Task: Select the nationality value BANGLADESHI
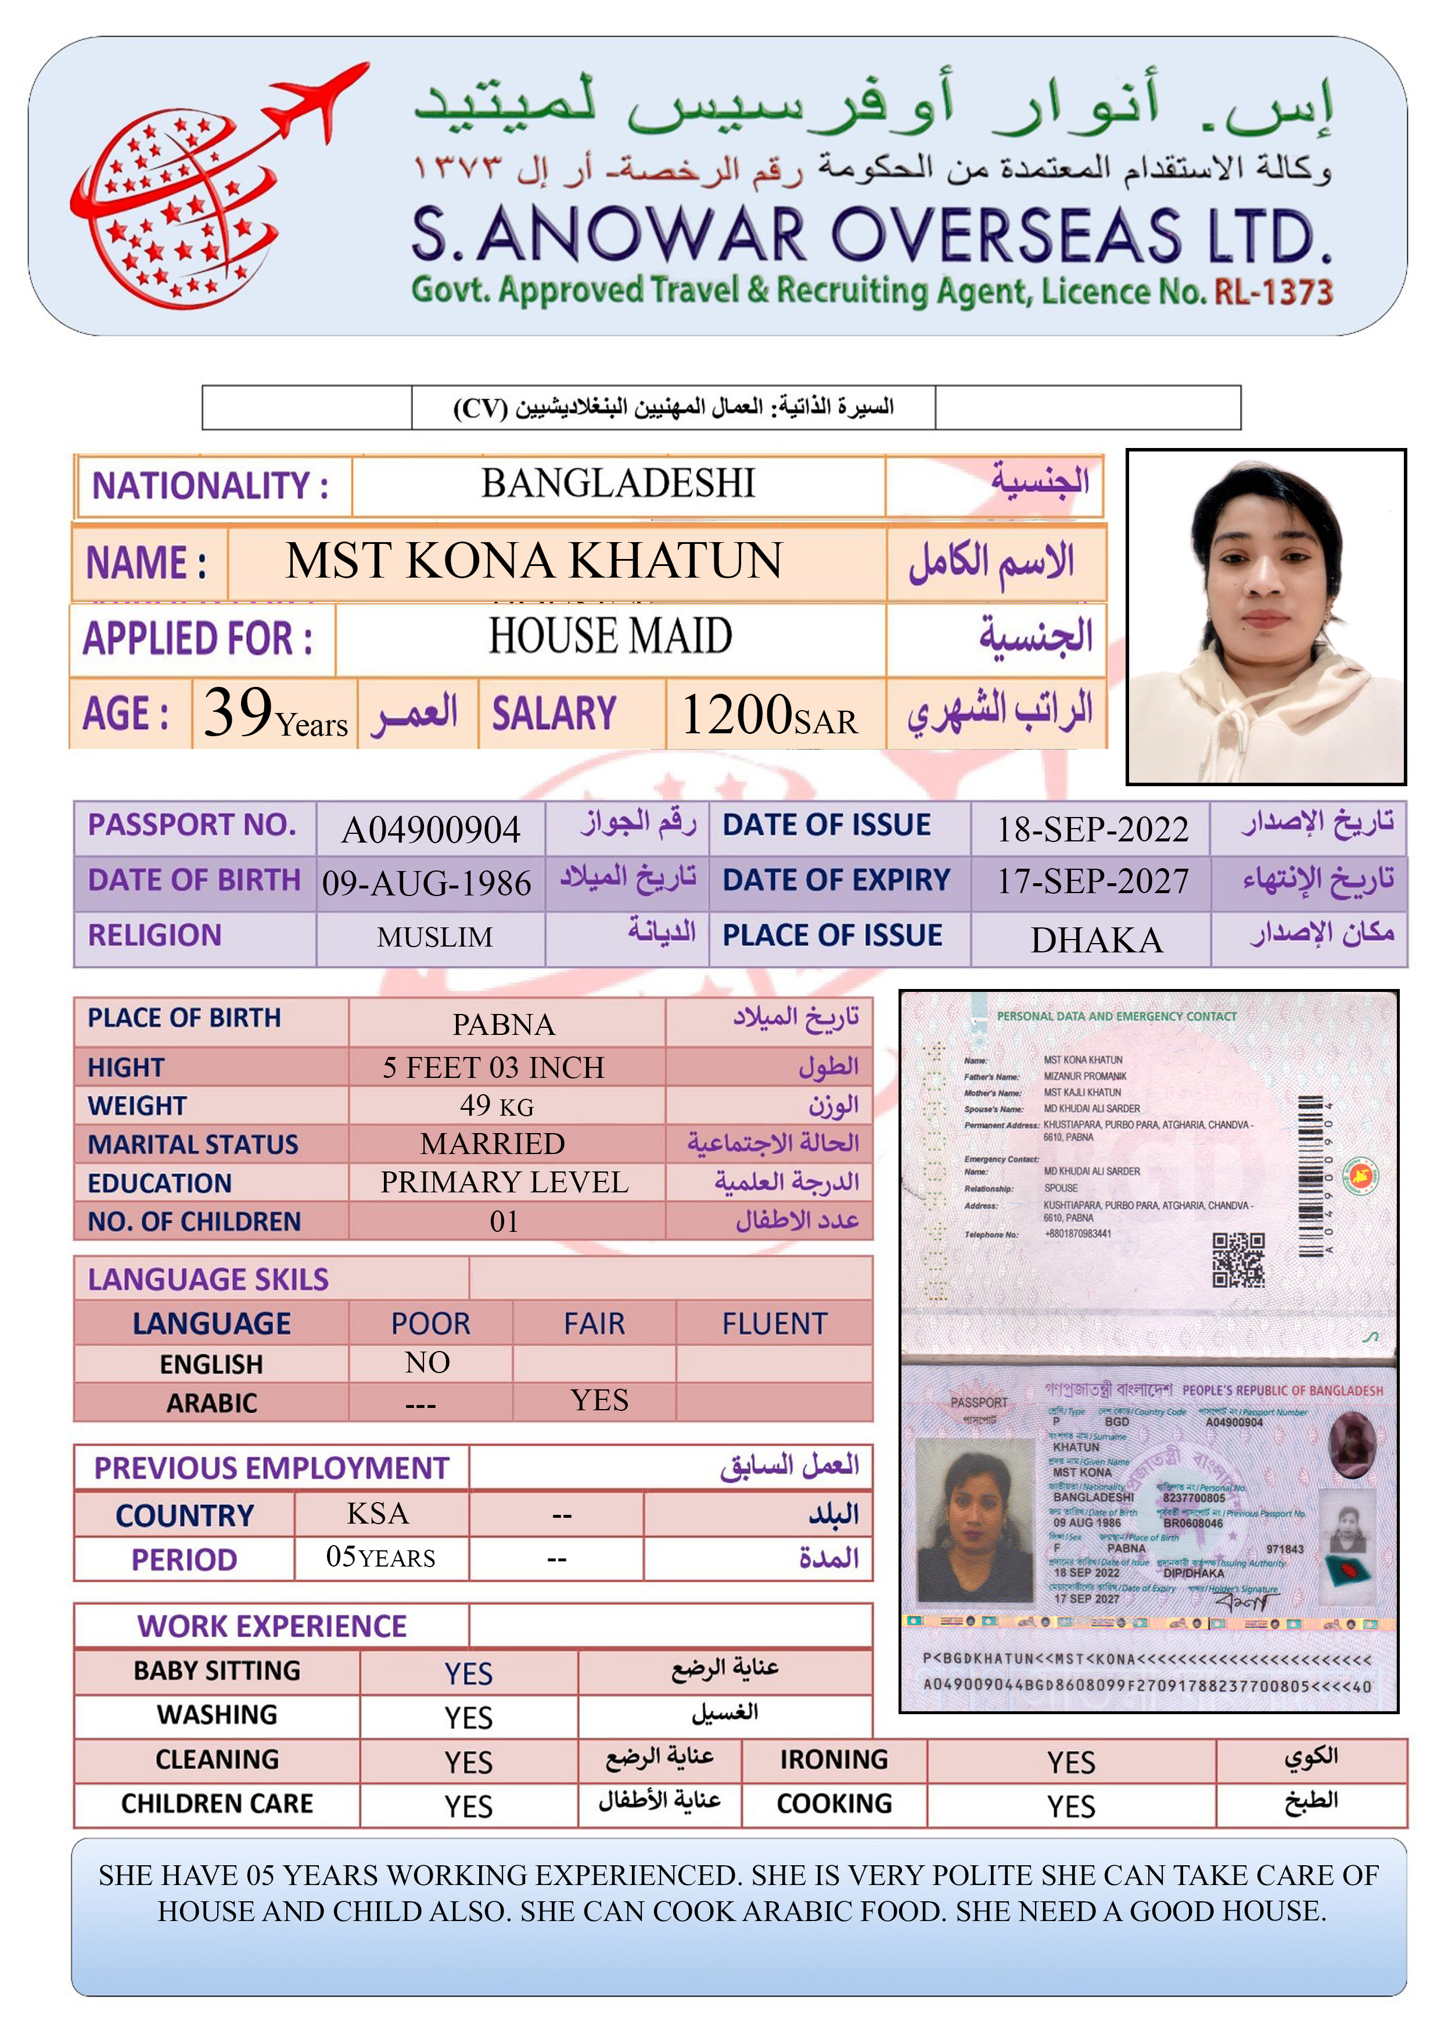click(x=618, y=484)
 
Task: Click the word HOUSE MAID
click(x=611, y=637)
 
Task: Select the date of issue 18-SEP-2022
click(x=1092, y=829)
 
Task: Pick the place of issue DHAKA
click(x=1097, y=940)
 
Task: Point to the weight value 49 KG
click(x=497, y=1106)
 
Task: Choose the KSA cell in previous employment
click(x=378, y=1513)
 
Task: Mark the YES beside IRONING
click(x=1071, y=1762)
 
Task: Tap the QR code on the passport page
click(x=1238, y=1259)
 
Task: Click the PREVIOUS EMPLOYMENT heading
click(x=272, y=1468)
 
